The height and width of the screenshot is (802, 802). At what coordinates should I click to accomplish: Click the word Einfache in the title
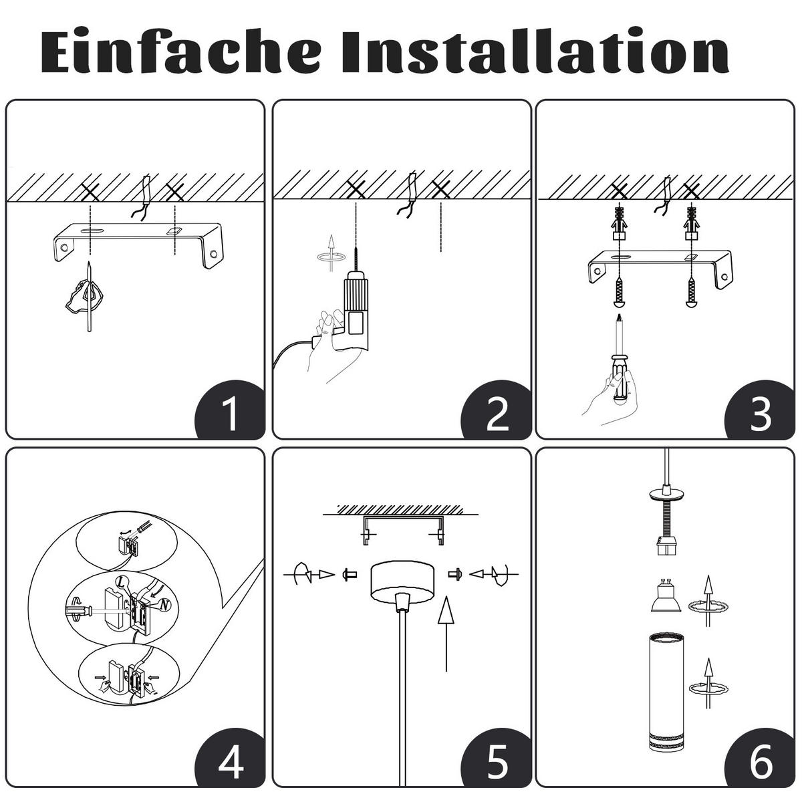click(180, 52)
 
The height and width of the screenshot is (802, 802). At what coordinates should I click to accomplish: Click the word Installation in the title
click(535, 52)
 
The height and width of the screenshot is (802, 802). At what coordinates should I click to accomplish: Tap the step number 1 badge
click(230, 413)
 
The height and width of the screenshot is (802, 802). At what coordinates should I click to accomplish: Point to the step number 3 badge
click(761, 413)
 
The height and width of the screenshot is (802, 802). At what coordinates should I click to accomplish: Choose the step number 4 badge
click(230, 761)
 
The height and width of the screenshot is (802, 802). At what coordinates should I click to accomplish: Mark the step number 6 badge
click(761, 761)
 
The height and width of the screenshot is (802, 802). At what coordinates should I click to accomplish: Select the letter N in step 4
click(166, 605)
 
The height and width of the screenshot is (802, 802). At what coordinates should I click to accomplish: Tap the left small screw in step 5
click(347, 573)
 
